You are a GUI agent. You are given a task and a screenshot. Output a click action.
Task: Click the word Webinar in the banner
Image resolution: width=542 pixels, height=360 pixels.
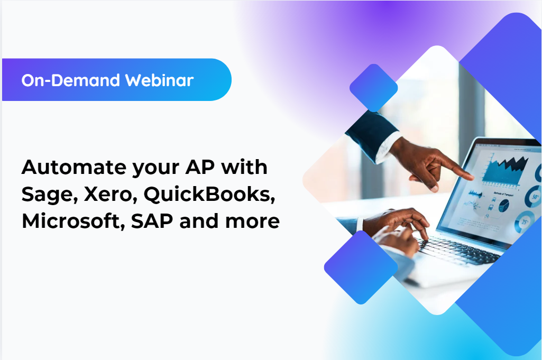point(159,80)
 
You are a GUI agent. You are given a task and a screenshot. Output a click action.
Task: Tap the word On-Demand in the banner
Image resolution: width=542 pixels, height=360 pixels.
point(71,80)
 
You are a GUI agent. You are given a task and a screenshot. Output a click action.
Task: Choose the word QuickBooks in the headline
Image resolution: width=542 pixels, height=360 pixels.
point(209,195)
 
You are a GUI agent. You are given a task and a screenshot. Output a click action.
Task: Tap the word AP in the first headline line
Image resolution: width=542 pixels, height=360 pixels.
point(198,168)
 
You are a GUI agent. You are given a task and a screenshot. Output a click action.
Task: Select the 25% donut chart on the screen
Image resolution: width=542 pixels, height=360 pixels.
point(525,221)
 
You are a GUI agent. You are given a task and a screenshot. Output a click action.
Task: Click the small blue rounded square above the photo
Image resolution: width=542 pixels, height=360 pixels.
point(373,88)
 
